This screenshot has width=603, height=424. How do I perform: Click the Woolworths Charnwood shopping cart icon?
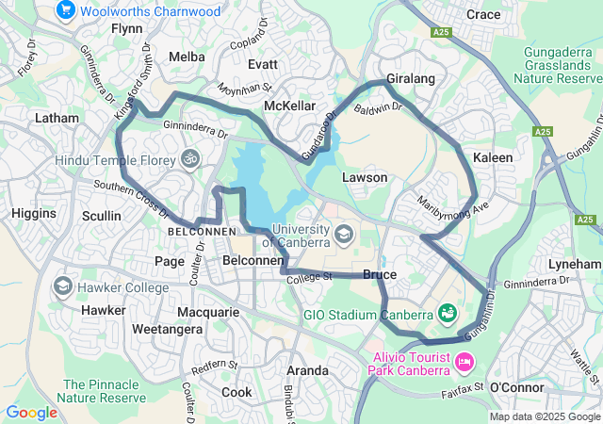coord(65,10)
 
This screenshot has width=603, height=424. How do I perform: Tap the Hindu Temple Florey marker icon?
coord(190,159)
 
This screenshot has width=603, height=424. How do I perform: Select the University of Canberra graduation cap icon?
coord(344,233)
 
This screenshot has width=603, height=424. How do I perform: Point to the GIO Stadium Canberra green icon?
coord(448,312)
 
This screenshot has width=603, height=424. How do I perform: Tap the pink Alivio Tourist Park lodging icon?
coord(464,362)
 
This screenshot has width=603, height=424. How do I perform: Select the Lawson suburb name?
coord(365,177)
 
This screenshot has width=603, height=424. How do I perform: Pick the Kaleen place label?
coord(493,157)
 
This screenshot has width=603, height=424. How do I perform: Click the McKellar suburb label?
coord(289,106)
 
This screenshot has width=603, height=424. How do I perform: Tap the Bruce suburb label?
coord(380,274)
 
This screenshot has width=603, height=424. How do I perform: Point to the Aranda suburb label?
coord(307,370)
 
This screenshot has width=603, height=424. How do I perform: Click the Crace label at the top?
coord(483,14)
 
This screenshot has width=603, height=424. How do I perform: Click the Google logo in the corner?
coord(31,412)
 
